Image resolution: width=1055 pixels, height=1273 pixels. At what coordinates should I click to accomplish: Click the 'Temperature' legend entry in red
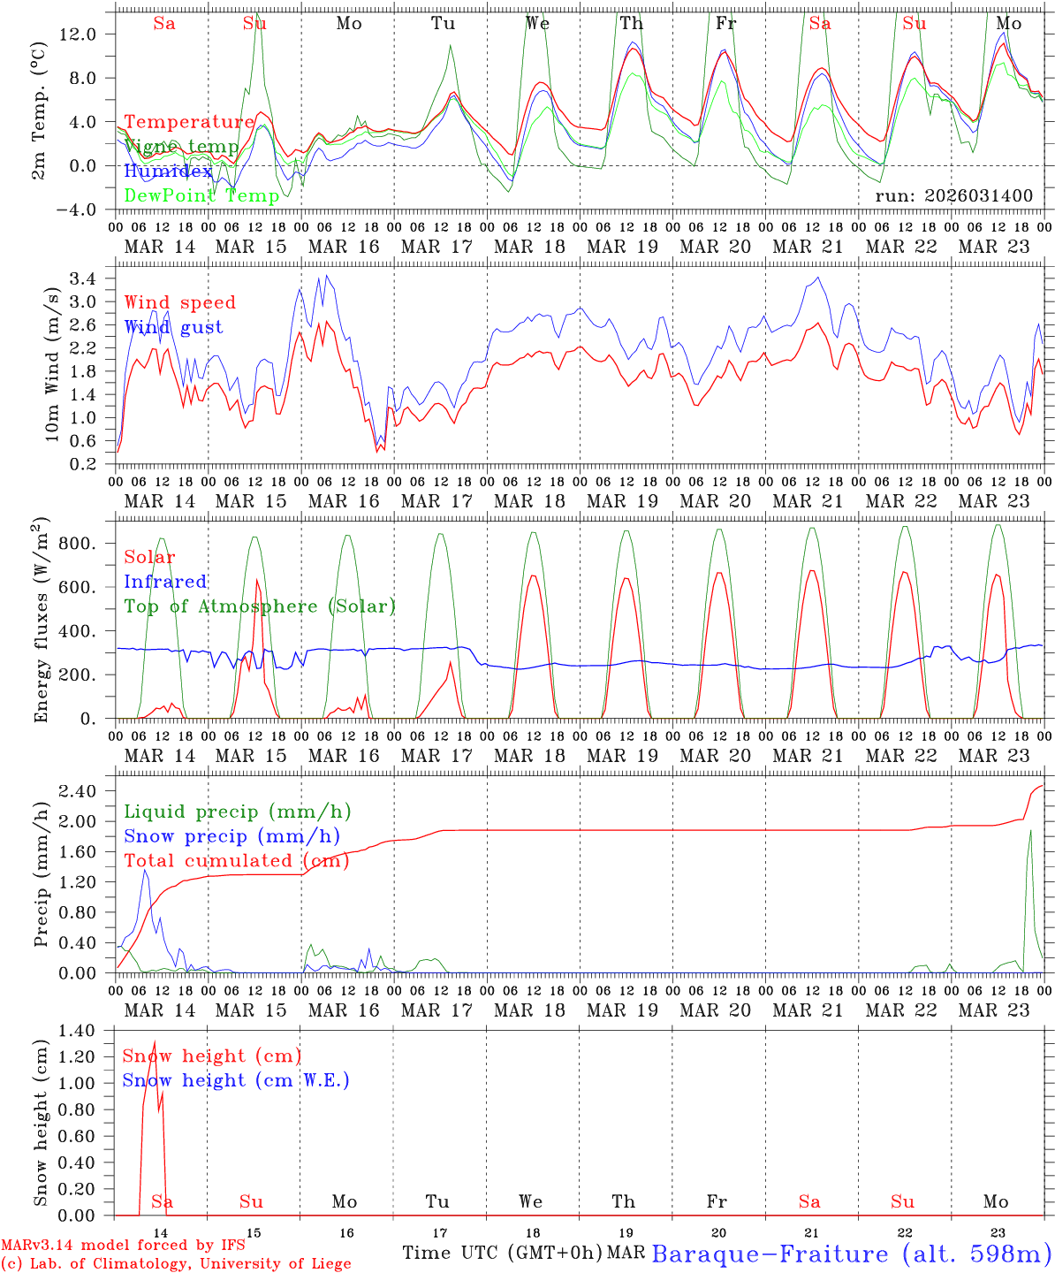pos(189,122)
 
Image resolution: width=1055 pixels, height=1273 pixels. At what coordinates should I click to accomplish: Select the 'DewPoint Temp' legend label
pos(201,195)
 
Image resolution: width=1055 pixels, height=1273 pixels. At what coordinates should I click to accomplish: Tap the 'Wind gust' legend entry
pos(173,327)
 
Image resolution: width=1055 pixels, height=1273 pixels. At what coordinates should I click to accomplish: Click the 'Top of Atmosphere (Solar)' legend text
pos(260,606)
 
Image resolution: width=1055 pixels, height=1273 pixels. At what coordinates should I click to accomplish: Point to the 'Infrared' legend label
pos(165,582)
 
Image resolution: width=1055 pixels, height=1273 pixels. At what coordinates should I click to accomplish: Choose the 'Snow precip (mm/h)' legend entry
pos(231,836)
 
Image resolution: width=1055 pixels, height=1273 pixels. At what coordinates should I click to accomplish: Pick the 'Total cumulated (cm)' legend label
pos(236,860)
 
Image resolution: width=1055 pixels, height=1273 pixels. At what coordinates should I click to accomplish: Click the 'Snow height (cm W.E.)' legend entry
pos(236,1080)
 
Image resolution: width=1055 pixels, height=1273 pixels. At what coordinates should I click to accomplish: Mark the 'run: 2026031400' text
pos(953,195)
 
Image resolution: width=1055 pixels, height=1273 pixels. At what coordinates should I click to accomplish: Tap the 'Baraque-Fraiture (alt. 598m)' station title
pos(852,1254)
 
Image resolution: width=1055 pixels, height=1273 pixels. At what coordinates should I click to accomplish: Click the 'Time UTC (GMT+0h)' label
pos(502,1253)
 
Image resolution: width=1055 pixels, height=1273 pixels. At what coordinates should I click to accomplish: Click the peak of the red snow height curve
pos(155,1042)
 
